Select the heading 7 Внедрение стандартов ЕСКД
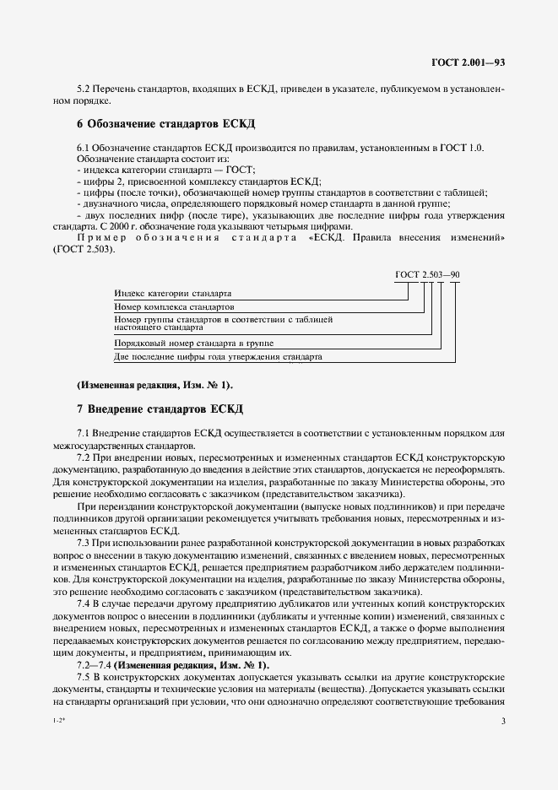(160, 409)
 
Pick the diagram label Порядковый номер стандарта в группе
(194, 344)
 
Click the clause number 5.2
(84, 89)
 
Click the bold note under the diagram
(154, 385)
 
